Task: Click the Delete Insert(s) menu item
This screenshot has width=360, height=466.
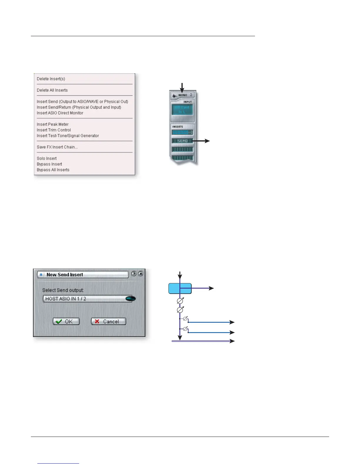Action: (51, 79)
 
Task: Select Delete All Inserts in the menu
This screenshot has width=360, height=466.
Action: (52, 90)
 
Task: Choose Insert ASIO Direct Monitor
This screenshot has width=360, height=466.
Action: (60, 113)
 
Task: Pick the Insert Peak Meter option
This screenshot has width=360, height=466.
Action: (53, 124)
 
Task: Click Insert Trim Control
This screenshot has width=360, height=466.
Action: (54, 130)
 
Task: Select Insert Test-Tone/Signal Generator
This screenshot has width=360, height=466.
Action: (68, 136)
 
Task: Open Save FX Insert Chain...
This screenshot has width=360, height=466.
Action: (57, 147)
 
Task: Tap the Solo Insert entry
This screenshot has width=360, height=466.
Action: (47, 159)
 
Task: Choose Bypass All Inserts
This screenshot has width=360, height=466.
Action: (53, 170)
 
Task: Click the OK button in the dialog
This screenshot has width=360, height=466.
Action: (66, 321)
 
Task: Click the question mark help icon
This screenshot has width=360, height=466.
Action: (134, 274)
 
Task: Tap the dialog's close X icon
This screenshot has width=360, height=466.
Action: (141, 274)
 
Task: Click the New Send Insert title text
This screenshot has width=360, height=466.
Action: (65, 275)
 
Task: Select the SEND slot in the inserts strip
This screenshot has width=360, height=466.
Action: (182, 141)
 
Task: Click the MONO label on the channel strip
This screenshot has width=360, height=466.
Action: (183, 95)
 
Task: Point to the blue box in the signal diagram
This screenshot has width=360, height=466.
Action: (180, 289)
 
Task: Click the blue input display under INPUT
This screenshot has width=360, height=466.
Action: (182, 109)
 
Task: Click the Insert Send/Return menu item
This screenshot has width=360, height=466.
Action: (79, 107)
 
